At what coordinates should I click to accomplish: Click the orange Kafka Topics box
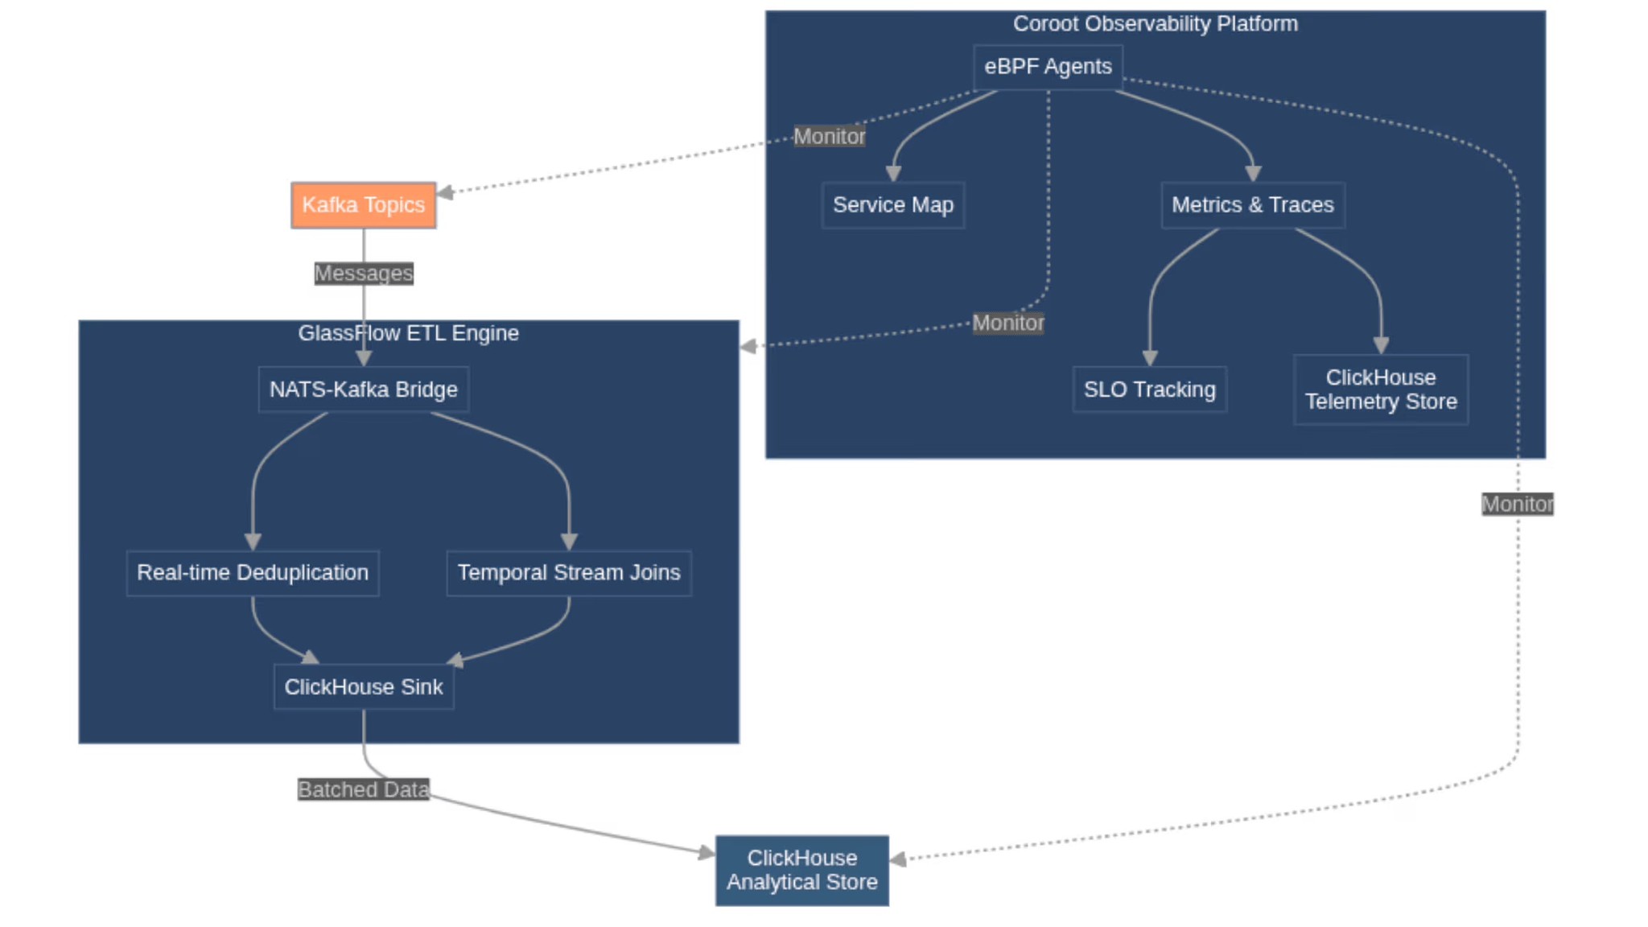point(363,205)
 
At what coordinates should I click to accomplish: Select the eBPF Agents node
point(1047,67)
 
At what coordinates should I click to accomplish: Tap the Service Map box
point(892,205)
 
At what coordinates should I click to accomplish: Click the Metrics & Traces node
point(1252,205)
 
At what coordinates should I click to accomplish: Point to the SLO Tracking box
point(1149,389)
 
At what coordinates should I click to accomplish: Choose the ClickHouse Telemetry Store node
point(1380,389)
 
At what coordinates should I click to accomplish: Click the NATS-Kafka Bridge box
point(363,389)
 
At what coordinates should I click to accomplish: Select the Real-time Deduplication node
point(252,573)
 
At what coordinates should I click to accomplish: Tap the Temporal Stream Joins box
point(568,573)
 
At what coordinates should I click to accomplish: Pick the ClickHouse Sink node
point(363,687)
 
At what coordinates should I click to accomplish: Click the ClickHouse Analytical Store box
point(801,871)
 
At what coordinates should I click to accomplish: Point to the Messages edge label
point(363,274)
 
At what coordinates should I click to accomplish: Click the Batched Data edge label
point(363,789)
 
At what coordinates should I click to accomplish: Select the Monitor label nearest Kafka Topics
point(829,137)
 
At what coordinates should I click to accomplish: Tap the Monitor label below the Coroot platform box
point(1517,505)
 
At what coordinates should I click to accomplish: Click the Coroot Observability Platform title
point(1155,24)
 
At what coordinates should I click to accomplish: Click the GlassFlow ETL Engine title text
point(408,333)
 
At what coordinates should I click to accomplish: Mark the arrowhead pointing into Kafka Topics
point(445,192)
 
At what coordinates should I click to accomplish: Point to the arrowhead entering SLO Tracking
point(1149,358)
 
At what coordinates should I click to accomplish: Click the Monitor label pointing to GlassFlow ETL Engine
point(1007,323)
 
